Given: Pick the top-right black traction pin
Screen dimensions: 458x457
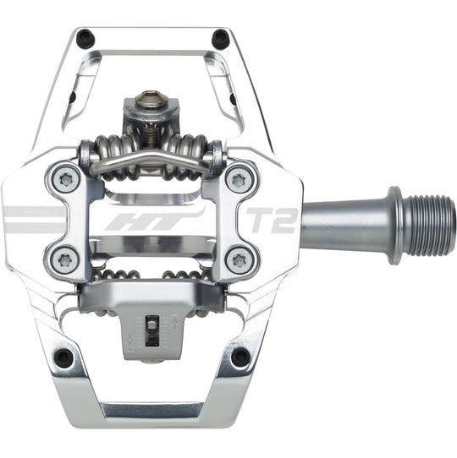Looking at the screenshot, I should pos(221,37).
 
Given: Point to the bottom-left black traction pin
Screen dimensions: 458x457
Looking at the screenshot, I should pos(63,357).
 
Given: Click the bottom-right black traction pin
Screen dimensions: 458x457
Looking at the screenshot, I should pos(240,357).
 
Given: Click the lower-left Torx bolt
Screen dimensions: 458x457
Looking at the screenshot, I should pos(64,258).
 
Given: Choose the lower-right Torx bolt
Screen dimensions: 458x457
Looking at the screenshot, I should pos(238,258).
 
